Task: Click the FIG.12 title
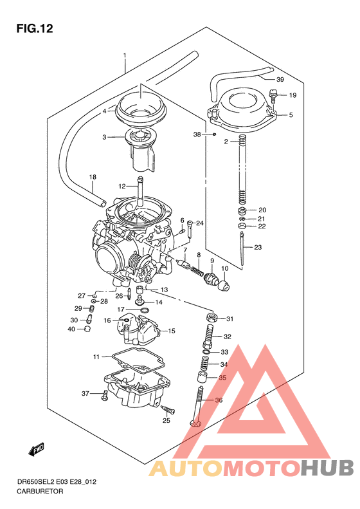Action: click(34, 28)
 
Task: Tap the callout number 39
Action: click(280, 80)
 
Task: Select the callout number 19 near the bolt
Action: click(292, 96)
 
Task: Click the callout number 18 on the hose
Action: click(92, 177)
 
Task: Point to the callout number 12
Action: click(122, 186)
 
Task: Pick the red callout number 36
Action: click(219, 400)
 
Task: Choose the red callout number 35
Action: click(222, 378)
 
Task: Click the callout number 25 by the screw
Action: click(166, 421)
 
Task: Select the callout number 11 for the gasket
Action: click(96, 356)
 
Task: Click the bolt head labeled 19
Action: click(274, 97)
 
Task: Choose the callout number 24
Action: click(199, 223)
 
